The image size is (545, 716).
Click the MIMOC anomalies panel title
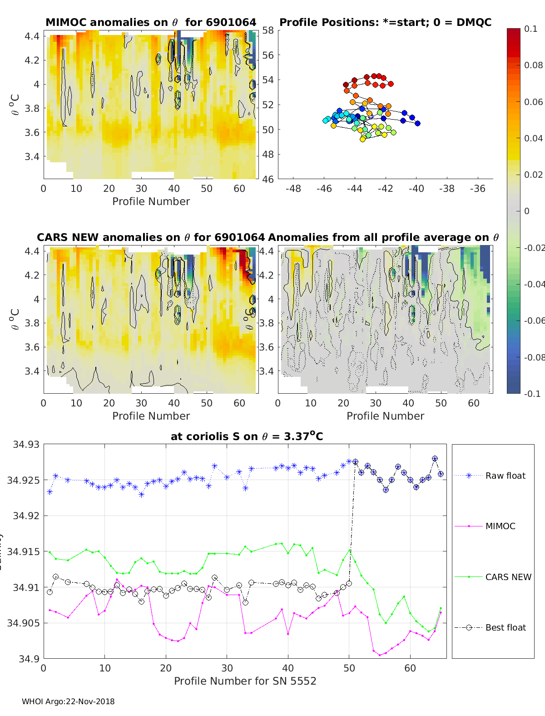coord(151,22)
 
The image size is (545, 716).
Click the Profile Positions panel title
coord(385,22)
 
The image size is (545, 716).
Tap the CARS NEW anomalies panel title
coord(151,237)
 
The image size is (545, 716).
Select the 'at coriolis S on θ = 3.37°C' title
coord(247,436)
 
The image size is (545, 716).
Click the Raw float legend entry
coord(505,476)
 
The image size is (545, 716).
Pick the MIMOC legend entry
coord(500,526)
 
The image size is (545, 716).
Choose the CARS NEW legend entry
coord(508,577)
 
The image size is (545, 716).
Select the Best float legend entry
coord(505,627)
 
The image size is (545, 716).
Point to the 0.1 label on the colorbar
coord(530,29)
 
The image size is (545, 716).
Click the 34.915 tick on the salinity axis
coord(25,551)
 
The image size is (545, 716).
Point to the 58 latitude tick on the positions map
coord(268,30)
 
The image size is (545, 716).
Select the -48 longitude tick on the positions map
coord(293,188)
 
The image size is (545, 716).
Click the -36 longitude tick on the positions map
coord(478,188)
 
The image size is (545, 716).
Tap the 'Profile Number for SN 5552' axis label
coord(245,681)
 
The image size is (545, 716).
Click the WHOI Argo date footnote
coord(68,701)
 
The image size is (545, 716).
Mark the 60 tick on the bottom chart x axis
coord(410,668)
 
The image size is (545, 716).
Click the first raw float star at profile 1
coord(50,492)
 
